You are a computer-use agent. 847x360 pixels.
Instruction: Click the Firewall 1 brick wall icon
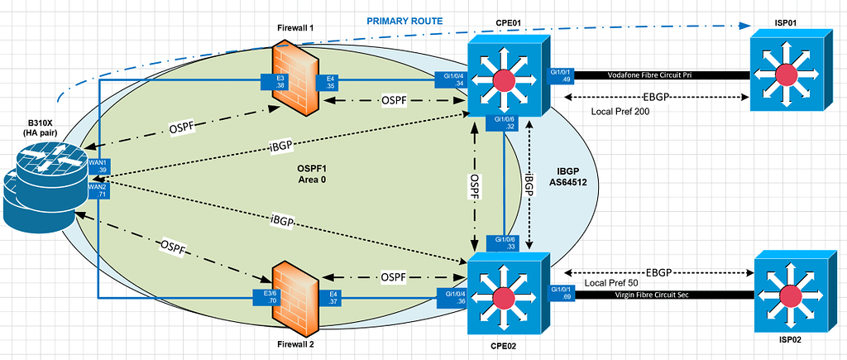[294, 81]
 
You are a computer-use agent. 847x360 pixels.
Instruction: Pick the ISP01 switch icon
[788, 73]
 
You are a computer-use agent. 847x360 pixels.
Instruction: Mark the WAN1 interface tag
[98, 167]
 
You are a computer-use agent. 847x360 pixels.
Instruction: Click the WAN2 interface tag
[98, 190]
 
